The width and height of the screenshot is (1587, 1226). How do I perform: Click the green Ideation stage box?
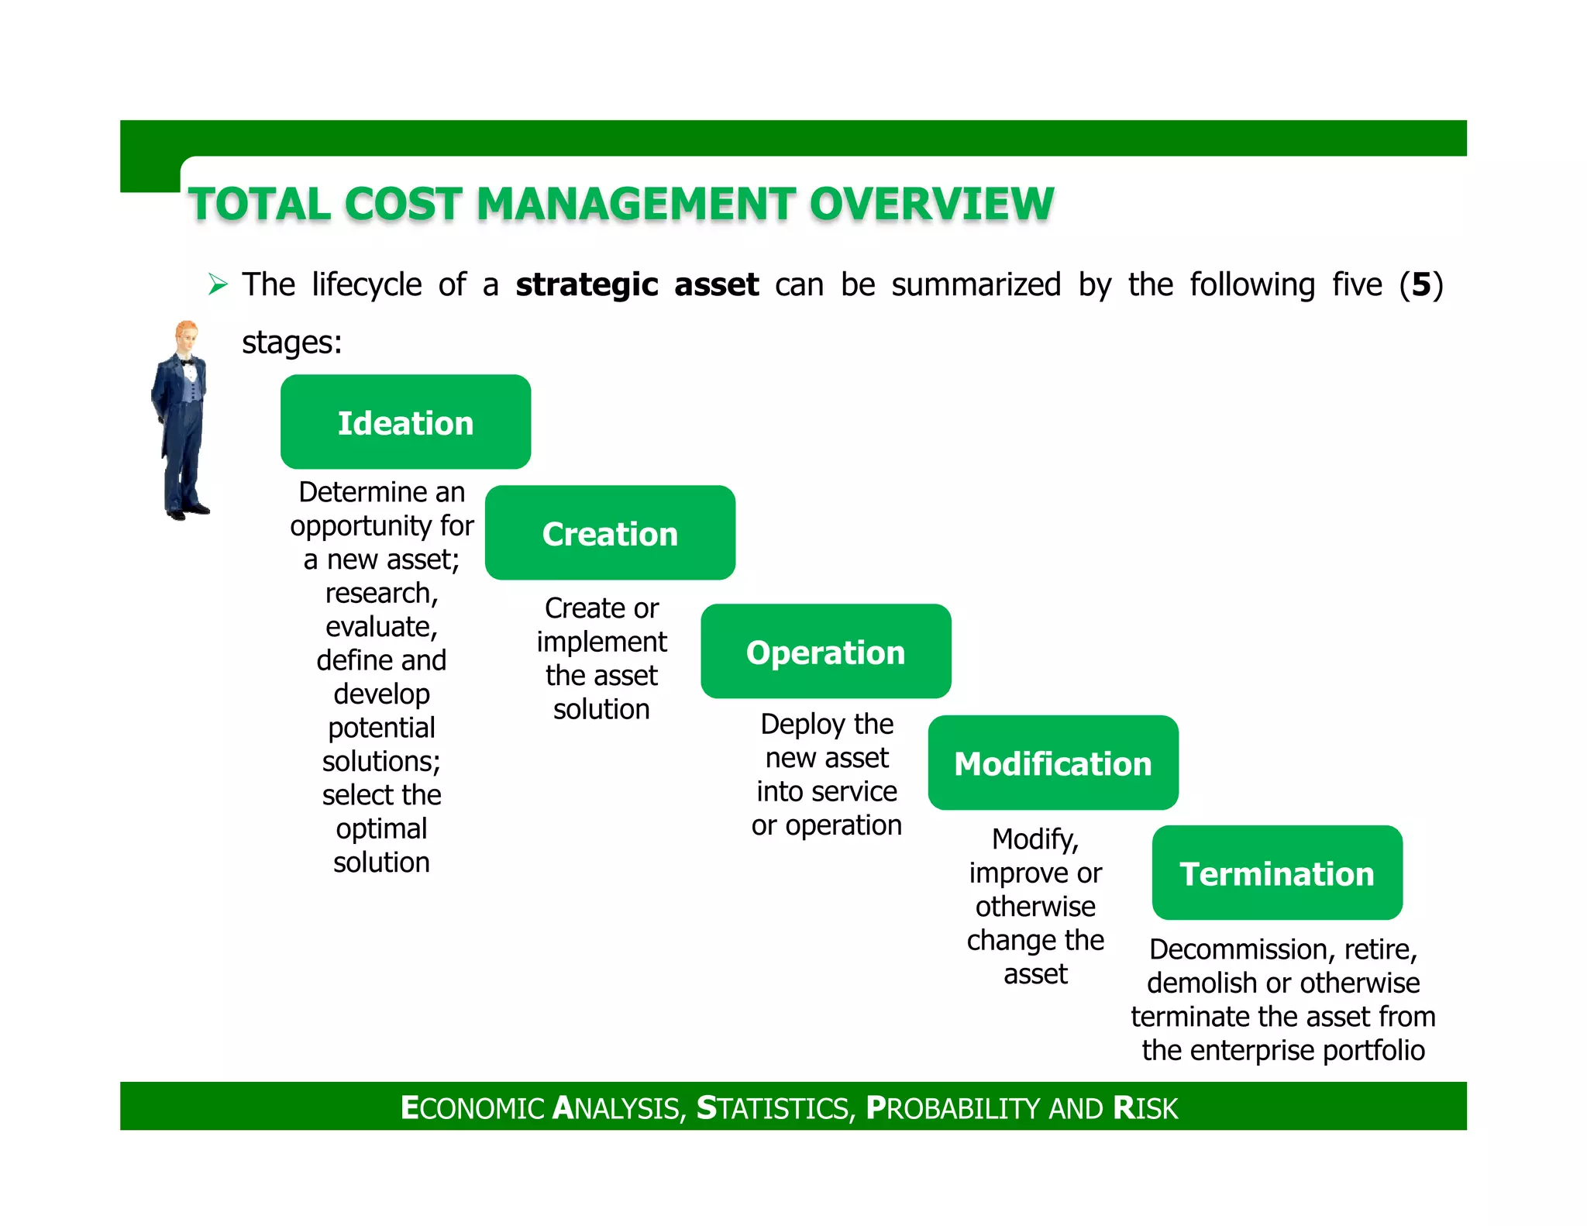[405, 422]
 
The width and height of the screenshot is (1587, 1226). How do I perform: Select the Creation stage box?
[610, 533]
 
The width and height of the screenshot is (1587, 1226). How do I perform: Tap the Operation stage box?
[825, 652]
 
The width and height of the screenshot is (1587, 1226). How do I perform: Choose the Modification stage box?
[1052, 763]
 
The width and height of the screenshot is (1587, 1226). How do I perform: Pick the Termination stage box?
[1277, 873]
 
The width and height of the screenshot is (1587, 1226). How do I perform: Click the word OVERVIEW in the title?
[931, 205]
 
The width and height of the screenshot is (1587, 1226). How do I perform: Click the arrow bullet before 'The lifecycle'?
[218, 284]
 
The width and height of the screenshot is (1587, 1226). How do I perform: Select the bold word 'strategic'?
[587, 285]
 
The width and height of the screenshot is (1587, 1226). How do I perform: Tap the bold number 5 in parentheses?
[1421, 284]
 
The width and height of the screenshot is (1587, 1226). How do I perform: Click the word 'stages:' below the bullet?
[291, 342]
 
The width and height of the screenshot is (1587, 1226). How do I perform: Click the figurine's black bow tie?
[187, 362]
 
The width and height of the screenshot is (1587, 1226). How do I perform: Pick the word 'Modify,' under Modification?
[1035, 839]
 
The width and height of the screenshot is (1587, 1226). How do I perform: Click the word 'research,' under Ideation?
[381, 594]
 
